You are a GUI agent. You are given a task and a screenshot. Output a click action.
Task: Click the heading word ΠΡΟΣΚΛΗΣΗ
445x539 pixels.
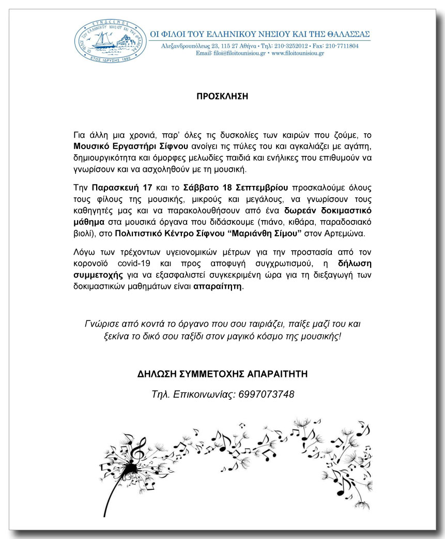click(x=222, y=96)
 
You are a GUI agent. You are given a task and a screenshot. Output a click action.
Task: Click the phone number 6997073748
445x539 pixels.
click(x=266, y=395)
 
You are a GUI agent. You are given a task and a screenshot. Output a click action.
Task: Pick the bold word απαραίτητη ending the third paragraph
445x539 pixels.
click(x=217, y=286)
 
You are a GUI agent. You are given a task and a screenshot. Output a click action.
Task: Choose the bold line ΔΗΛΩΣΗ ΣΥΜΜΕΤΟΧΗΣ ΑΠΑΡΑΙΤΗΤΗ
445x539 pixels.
click(x=222, y=373)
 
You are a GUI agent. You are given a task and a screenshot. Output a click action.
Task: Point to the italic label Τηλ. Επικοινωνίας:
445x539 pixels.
click(x=191, y=395)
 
